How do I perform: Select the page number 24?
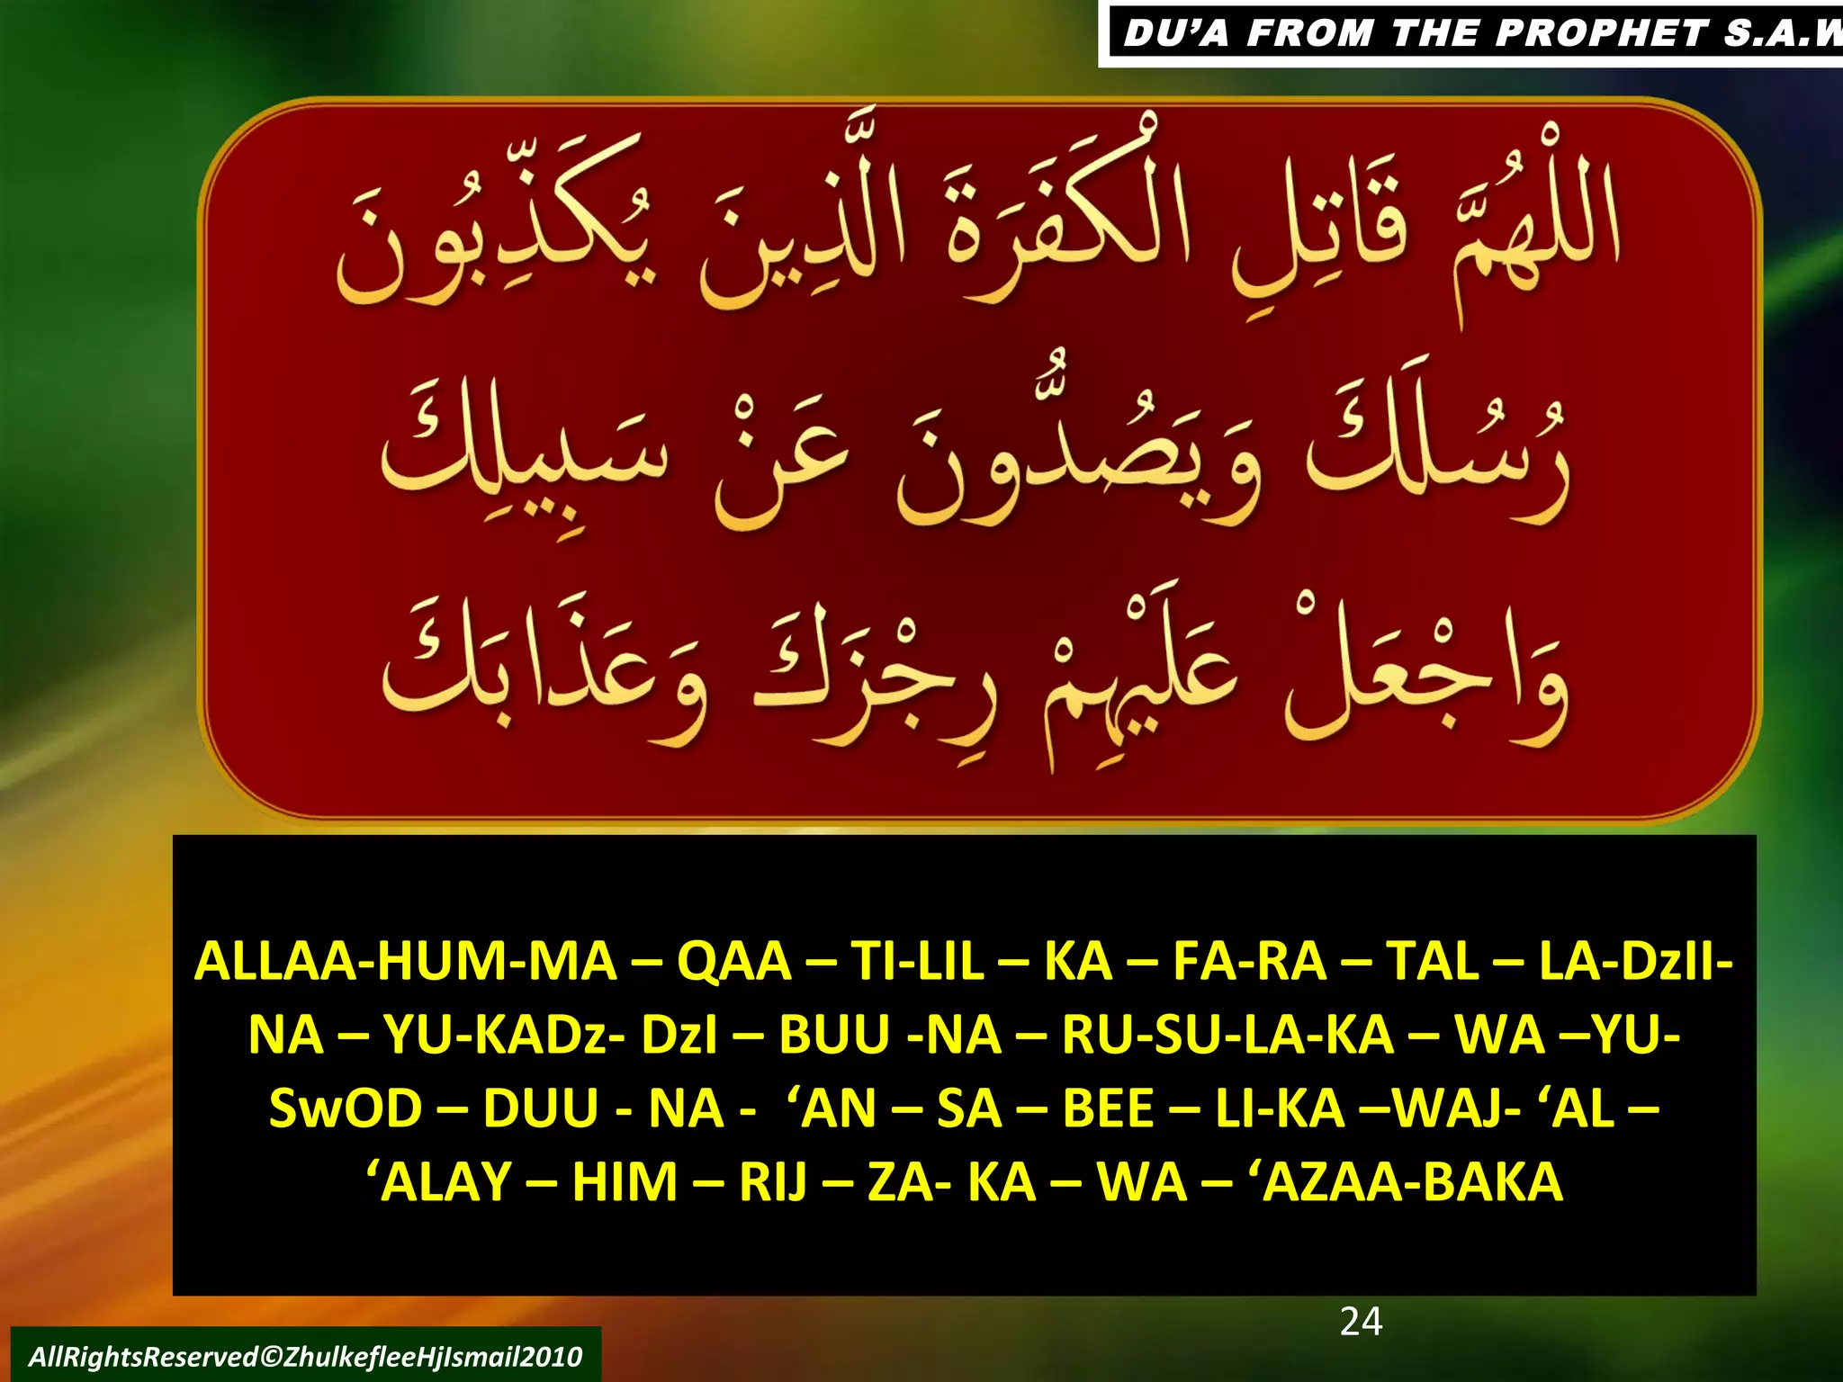[x=1361, y=1321]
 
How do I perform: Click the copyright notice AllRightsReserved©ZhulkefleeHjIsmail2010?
[x=305, y=1356]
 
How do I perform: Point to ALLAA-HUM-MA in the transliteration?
[x=406, y=961]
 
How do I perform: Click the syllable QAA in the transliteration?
[x=733, y=961]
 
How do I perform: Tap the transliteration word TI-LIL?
[x=917, y=961]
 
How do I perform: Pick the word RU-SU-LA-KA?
[x=1227, y=1035]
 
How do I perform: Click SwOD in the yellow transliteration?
[x=346, y=1108]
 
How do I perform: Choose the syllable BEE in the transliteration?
[x=1108, y=1108]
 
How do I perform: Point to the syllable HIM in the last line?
[x=625, y=1181]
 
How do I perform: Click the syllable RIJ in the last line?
[x=773, y=1181]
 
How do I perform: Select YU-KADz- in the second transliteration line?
[x=503, y=1035]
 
